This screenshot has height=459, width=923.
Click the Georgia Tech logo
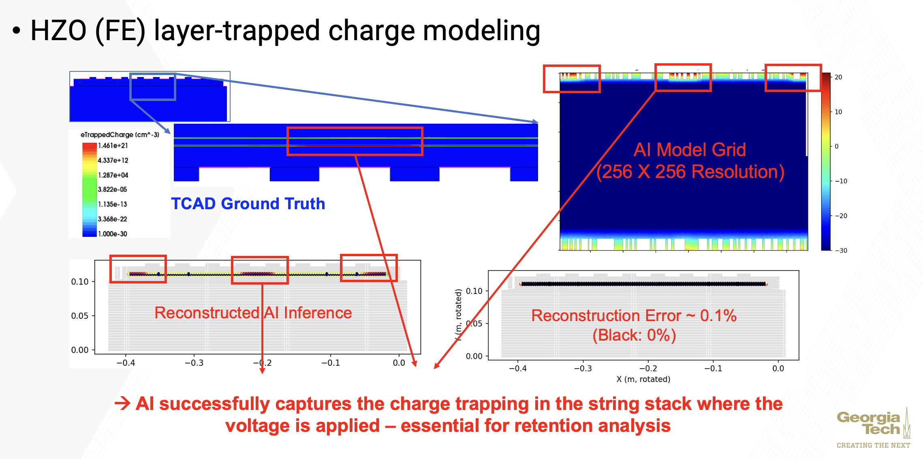(873, 424)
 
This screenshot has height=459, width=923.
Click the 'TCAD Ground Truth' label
(248, 204)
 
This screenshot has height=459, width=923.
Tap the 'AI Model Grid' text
(690, 150)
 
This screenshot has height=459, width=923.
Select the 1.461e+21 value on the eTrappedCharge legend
(113, 146)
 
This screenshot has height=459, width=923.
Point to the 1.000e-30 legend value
(112, 234)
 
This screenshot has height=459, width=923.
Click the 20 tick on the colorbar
(838, 77)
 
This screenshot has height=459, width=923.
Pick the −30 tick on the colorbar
(841, 251)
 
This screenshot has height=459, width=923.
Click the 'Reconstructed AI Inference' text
(253, 313)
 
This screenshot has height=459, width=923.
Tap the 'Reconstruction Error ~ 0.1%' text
(633, 315)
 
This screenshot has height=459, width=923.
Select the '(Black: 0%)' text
(634, 335)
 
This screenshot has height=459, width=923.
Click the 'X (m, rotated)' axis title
(643, 379)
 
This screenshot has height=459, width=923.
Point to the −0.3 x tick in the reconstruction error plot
(583, 369)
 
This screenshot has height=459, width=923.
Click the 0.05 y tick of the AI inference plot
(80, 316)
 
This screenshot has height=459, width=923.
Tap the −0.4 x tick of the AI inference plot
(126, 363)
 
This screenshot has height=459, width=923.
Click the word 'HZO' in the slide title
(58, 31)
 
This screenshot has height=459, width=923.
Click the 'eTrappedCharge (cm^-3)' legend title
(120, 135)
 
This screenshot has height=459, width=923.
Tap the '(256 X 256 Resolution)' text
(690, 172)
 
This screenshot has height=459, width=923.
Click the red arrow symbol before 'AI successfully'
(122, 403)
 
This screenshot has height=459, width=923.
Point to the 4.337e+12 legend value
(113, 161)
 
